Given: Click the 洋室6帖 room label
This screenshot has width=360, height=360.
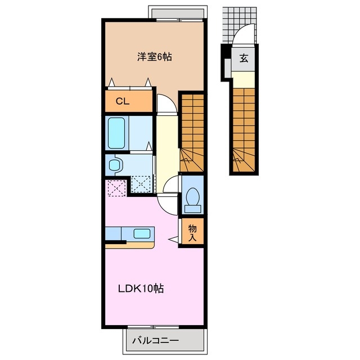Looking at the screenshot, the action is [155, 57].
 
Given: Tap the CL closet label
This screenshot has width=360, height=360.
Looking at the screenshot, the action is [123, 101].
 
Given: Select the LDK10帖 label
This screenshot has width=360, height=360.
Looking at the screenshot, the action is [141, 289].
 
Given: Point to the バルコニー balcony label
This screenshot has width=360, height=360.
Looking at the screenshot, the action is [155, 340].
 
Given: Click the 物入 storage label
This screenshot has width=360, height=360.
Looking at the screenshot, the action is [192, 233].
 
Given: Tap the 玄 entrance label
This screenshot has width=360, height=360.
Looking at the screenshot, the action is [244, 58].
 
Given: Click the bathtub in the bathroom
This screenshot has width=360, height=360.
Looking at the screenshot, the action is [116, 133].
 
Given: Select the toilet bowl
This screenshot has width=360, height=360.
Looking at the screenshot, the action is [193, 200].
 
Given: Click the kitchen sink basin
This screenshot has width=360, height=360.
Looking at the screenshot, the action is [142, 234].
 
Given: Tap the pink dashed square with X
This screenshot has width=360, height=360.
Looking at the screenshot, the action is [117, 188].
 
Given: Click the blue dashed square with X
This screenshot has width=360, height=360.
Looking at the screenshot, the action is [141, 184].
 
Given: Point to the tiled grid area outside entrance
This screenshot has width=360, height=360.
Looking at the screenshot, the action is [238, 25].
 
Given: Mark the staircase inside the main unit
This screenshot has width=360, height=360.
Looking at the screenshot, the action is [192, 133].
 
